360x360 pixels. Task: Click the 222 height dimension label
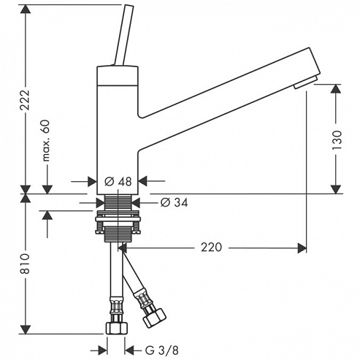(x=25, y=100)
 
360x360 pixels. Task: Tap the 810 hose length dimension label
(x=25, y=264)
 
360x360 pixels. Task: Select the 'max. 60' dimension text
(x=46, y=140)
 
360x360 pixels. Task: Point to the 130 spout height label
(x=337, y=140)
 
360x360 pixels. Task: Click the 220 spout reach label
(x=211, y=248)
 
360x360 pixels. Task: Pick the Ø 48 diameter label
(x=118, y=182)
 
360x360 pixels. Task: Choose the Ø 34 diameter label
(x=174, y=202)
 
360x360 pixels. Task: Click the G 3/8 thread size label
(x=162, y=351)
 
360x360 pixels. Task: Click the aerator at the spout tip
(x=305, y=83)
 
